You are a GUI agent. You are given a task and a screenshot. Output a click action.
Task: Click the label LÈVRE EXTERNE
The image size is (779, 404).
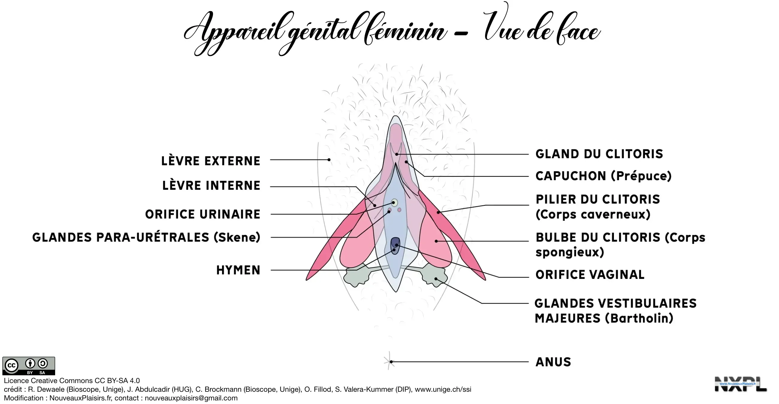point(210,161)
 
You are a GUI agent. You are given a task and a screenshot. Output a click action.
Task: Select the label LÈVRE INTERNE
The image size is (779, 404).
point(211,186)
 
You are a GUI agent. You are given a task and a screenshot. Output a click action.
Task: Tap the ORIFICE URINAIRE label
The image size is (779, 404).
point(203,214)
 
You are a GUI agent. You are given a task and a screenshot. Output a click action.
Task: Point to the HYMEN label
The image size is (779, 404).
point(238,270)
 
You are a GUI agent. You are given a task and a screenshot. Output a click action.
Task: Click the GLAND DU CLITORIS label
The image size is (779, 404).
point(599,154)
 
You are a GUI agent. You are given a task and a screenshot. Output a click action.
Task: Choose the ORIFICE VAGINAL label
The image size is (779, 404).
point(590,275)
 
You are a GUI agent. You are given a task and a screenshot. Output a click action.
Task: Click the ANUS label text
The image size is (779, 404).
point(553,362)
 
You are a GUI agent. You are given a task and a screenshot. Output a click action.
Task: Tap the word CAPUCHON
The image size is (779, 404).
point(570,176)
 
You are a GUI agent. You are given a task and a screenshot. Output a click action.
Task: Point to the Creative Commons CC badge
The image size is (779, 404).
point(29,366)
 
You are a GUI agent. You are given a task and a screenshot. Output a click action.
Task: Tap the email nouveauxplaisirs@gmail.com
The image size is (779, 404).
point(191,398)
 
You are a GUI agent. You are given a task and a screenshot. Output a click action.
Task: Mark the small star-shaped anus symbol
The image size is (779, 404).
point(389,362)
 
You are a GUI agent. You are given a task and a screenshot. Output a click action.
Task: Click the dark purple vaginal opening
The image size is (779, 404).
point(395,245)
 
